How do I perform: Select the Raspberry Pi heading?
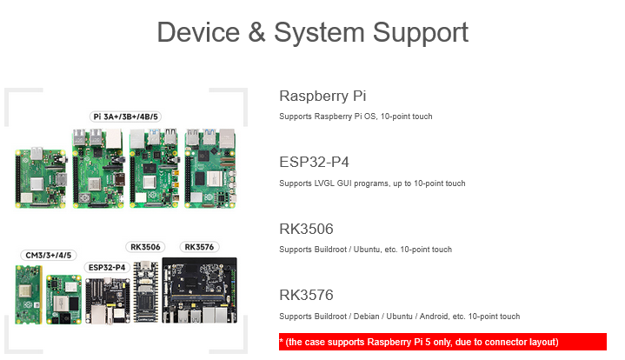coord(316,96)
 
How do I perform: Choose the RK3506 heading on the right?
coord(306,230)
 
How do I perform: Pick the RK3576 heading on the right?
coord(306,295)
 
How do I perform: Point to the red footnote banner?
coord(442,341)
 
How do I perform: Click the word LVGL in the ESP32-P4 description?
coord(334,183)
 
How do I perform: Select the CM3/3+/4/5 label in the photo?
coord(48,255)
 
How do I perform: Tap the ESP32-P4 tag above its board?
coord(106,266)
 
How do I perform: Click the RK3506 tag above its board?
coord(146,247)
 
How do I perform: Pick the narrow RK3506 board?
coord(145,291)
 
